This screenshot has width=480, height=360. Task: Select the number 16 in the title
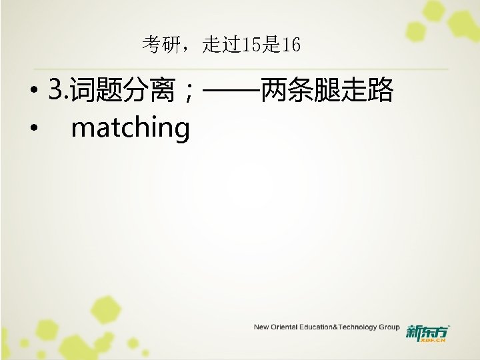pyautogui.click(x=291, y=45)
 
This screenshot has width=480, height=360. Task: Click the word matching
pyautogui.click(x=131, y=128)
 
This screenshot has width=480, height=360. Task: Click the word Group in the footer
pyautogui.click(x=389, y=327)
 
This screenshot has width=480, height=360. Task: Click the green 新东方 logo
pyautogui.click(x=427, y=331)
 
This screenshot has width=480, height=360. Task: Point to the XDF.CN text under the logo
pyautogui.click(x=434, y=339)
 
